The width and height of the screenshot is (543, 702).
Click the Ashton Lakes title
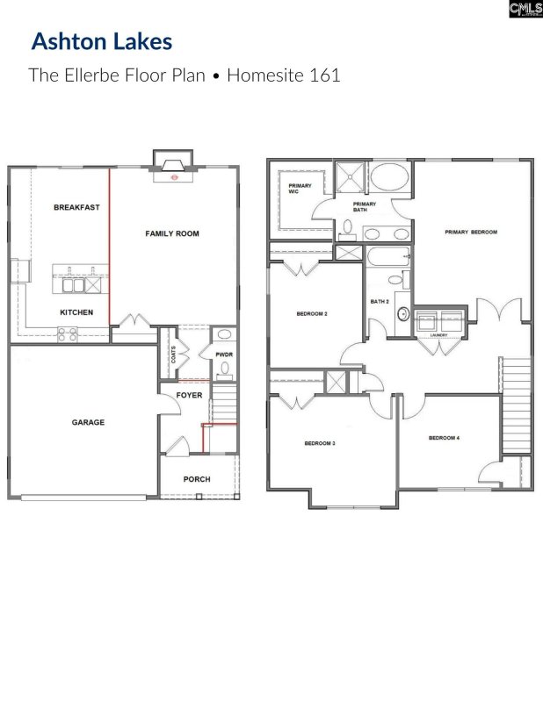coord(102,41)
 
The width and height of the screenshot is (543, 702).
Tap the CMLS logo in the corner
coord(525,9)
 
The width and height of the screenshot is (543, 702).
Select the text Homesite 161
coord(283,75)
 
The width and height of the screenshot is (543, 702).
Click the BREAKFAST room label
coord(76,208)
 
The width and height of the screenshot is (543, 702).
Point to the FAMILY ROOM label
coord(172,233)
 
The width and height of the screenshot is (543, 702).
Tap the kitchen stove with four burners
coord(68,333)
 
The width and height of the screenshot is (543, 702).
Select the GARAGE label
coord(88,422)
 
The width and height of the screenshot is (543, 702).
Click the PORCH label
coord(196,479)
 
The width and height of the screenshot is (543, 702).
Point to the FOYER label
coord(189,395)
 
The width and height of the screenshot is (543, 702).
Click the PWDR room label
coord(223,355)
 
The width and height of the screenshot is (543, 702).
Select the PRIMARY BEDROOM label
coord(470,233)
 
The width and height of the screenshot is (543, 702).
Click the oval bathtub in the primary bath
coord(390,177)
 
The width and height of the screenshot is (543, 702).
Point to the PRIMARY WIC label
coord(300,189)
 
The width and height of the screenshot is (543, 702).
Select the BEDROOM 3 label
coord(320,443)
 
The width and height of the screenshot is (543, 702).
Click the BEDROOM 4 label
coord(444,437)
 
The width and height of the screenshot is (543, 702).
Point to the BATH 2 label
coord(380,301)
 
